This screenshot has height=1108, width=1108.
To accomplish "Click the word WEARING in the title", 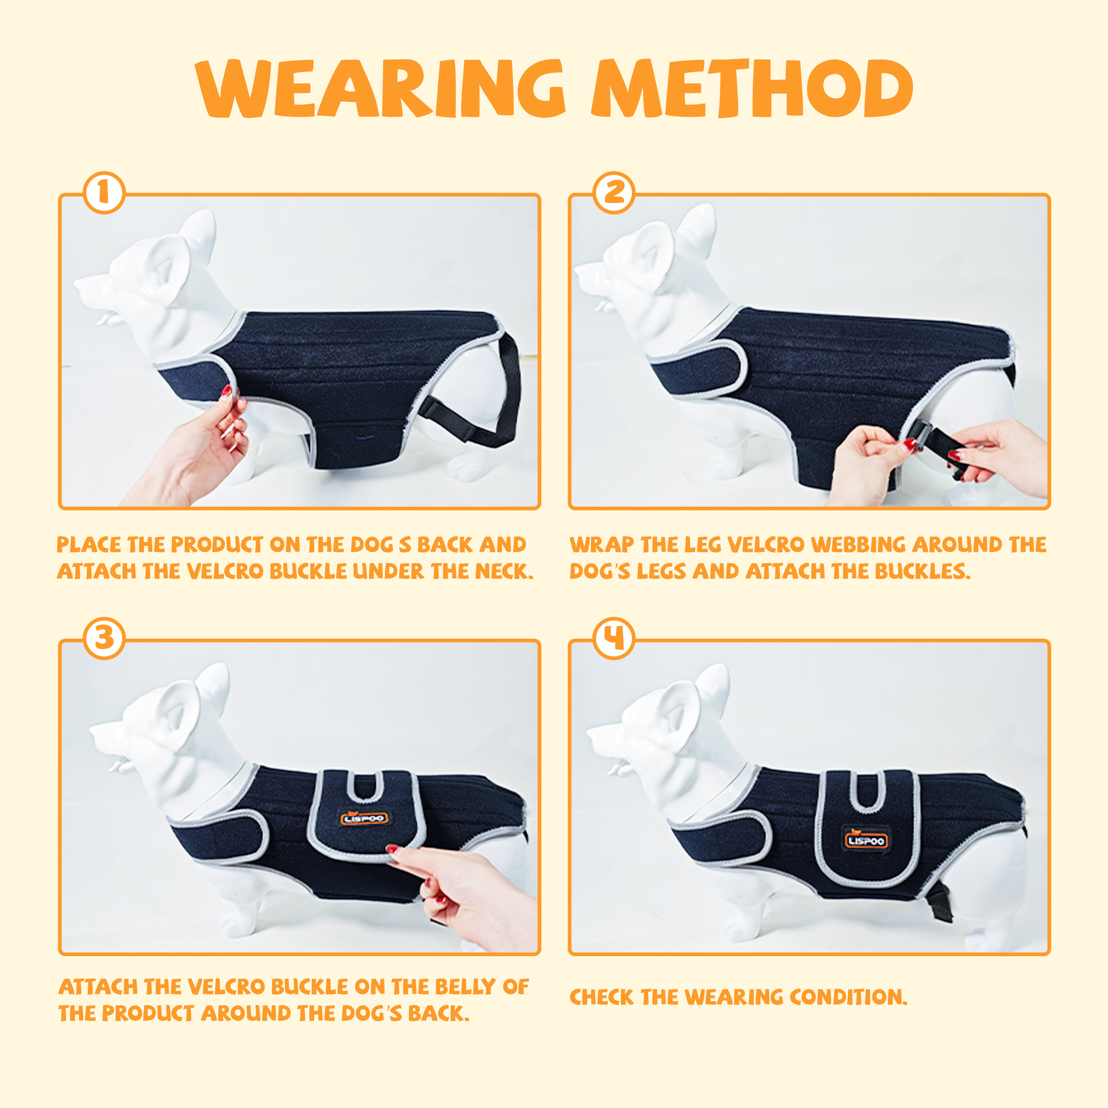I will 380,89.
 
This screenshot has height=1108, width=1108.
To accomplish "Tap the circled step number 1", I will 104,193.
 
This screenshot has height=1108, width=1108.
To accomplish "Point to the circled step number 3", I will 104,638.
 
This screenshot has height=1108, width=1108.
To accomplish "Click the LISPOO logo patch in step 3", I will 365,818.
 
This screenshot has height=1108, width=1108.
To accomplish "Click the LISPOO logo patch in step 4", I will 866,840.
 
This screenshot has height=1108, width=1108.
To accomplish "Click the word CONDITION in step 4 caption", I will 848,997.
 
